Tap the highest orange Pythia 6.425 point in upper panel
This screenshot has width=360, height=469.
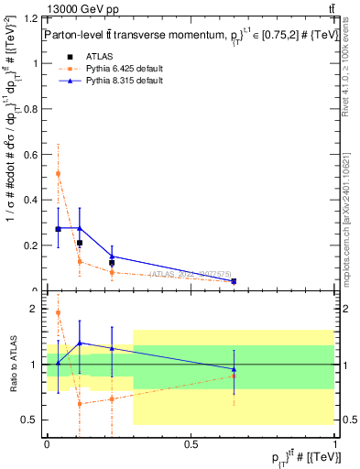coord(59,173)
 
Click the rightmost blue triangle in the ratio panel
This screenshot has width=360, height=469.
coord(234,369)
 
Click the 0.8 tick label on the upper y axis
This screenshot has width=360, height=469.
coord(33,109)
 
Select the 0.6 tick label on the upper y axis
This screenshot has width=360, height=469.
coord(33,155)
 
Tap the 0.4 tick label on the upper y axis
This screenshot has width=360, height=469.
coord(33,200)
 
